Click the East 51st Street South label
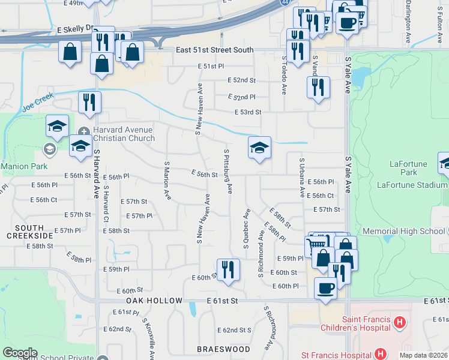click(x=214, y=50)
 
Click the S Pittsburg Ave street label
click(x=228, y=171)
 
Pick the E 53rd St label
click(x=248, y=112)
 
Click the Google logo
click(x=20, y=353)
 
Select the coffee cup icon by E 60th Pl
click(x=326, y=287)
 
